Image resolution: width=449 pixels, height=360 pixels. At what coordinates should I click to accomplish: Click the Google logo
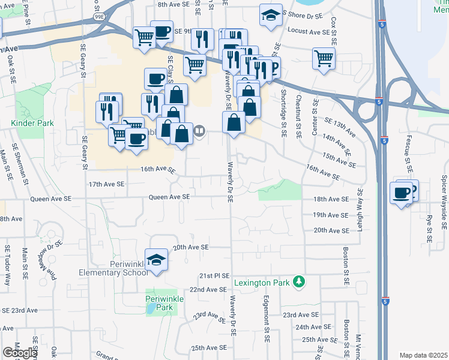[20, 353]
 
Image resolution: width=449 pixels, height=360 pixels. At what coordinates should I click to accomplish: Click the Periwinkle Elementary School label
[113, 268]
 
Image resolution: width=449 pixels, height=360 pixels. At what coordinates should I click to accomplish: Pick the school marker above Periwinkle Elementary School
[156, 259]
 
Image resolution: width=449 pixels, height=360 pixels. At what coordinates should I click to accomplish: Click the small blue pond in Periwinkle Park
[149, 308]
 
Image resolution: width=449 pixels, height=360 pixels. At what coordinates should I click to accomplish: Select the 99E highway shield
[100, 18]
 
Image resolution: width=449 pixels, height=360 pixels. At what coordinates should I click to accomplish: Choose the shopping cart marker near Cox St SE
[324, 58]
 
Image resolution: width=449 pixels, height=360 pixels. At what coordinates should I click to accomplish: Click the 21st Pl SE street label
[214, 275]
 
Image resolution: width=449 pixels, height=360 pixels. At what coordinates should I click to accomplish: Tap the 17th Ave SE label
[106, 184]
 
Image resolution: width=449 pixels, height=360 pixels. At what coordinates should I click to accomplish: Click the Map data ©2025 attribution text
[423, 355]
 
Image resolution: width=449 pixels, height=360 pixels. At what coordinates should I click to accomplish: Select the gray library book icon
[200, 130]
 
